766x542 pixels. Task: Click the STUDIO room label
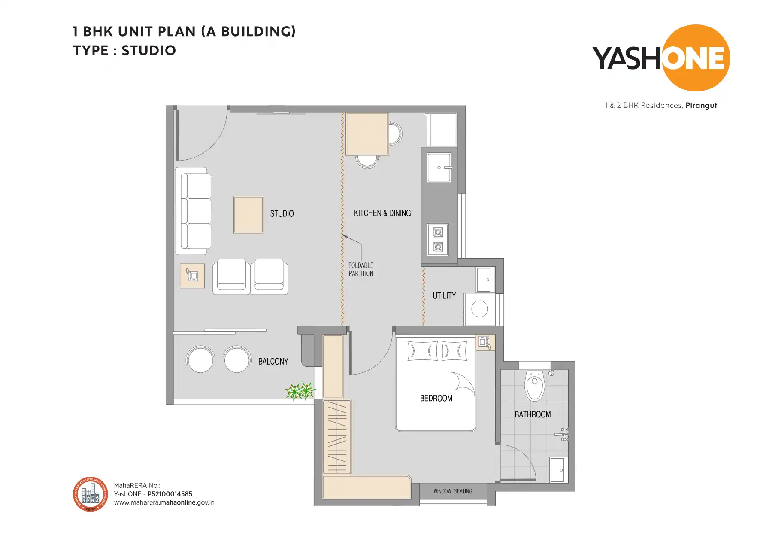pyautogui.click(x=282, y=213)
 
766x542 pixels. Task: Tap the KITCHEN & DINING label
pyautogui.click(x=382, y=213)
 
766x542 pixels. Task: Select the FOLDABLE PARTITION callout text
pyautogui.click(x=361, y=269)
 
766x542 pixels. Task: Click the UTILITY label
pyautogui.click(x=444, y=295)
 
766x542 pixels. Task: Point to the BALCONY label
pyautogui.click(x=273, y=361)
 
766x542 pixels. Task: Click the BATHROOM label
pyautogui.click(x=533, y=414)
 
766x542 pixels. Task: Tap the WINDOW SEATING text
pyautogui.click(x=453, y=491)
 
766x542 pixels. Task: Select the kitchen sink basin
pyautogui.click(x=439, y=167)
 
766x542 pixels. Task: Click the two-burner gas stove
pyautogui.click(x=438, y=240)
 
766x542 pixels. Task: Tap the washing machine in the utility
pyautogui.click(x=479, y=309)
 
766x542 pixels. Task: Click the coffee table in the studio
pyautogui.click(x=248, y=214)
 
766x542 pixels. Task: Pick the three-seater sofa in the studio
pyautogui.click(x=194, y=210)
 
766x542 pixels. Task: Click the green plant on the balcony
pyautogui.click(x=300, y=391)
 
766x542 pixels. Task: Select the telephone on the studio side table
pyautogui.click(x=192, y=275)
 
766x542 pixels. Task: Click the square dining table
pyautogui.click(x=367, y=134)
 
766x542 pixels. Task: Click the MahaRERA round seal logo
pyautogui.click(x=90, y=494)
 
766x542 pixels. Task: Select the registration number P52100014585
pyautogui.click(x=170, y=494)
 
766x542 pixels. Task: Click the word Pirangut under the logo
pyautogui.click(x=701, y=105)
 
